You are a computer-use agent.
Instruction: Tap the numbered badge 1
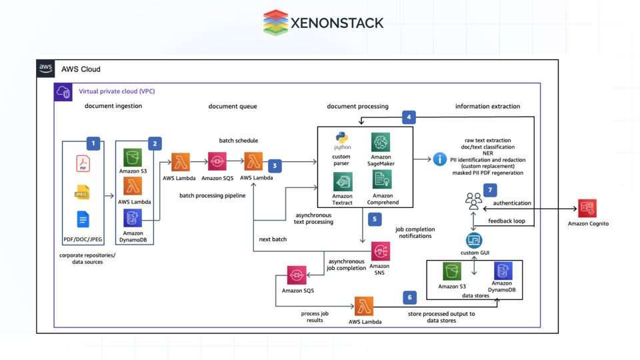[x=93, y=143]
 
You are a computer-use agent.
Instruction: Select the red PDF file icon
[x=83, y=163]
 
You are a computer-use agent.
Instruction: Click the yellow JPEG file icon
[x=82, y=193]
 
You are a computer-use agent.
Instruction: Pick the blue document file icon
[x=83, y=219]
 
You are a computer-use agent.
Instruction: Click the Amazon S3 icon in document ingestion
[x=133, y=157]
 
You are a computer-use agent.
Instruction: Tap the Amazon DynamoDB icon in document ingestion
[x=133, y=218]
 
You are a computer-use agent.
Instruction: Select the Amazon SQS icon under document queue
[x=217, y=162]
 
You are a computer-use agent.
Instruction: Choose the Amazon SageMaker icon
[x=381, y=142]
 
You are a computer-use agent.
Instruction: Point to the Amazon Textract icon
[x=343, y=181]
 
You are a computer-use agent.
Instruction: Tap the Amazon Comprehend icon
[x=382, y=180]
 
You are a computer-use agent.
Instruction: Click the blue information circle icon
[x=440, y=159]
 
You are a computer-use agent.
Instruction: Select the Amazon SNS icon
[x=381, y=251]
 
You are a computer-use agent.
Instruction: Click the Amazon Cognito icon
[x=587, y=209]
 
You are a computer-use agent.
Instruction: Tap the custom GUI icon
[x=474, y=240]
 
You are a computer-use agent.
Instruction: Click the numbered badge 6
[x=409, y=297]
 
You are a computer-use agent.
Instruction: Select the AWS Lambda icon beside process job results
[x=364, y=306]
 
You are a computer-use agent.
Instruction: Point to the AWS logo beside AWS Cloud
[x=46, y=69]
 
